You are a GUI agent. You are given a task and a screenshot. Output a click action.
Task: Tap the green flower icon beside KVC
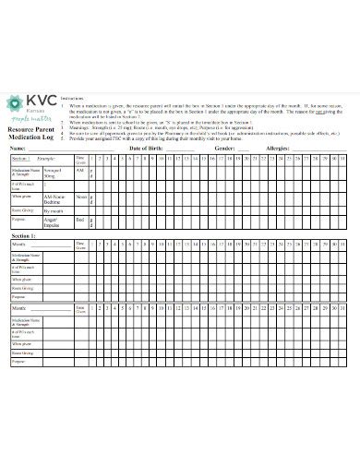16,104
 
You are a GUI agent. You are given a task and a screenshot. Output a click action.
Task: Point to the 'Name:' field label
18,148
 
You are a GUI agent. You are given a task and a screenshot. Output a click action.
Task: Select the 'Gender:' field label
224,148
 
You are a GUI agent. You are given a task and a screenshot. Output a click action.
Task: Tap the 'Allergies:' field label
278,148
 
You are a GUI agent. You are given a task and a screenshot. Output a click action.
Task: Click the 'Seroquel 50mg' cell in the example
54,173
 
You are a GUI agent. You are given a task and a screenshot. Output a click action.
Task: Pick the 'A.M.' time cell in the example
80,171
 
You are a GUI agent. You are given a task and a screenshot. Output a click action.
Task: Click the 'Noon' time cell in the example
80,196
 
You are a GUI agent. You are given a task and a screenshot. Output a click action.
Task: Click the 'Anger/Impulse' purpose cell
54,222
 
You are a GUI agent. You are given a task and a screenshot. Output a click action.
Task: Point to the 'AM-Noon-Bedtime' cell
54,198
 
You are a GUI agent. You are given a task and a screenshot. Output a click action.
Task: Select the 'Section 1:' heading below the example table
24,236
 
